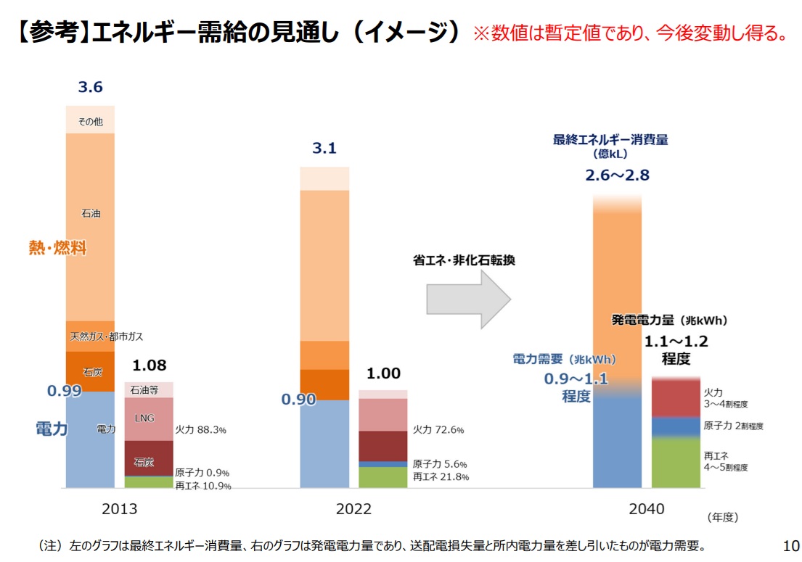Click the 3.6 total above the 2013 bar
[91, 88]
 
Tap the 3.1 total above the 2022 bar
[324, 149]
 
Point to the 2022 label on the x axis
[353, 509]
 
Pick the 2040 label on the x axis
[646, 509]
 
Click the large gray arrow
[469, 298]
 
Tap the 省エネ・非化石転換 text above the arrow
[464, 260]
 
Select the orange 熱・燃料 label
[57, 249]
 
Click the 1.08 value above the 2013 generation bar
[149, 365]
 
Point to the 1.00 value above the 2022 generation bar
[383, 373]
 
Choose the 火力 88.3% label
[201, 430]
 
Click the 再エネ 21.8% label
[441, 476]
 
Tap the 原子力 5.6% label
[440, 464]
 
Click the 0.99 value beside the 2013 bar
[64, 391]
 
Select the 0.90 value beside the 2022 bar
[298, 400]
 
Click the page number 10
[791, 545]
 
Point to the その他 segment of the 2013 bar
[90, 120]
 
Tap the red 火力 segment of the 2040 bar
[676, 397]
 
